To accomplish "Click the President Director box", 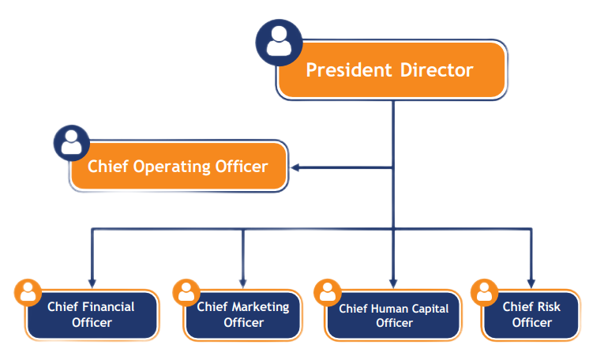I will (390, 70).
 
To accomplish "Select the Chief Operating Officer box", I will (178, 167).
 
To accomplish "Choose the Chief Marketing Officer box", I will (243, 314).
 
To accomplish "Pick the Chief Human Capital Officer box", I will (394, 315).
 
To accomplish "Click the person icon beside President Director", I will (279, 41).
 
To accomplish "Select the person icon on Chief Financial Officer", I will (28, 292).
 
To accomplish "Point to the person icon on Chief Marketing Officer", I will (186, 292).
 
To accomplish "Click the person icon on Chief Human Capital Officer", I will (328, 292).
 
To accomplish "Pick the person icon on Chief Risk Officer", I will (484, 292).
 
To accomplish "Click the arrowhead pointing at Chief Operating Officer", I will (295, 167).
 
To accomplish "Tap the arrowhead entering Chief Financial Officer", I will (92, 281).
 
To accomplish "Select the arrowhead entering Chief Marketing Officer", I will (243, 281).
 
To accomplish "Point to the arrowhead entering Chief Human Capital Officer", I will (392, 281).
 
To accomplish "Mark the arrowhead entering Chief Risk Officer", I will (531, 281).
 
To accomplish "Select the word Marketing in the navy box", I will (261, 306).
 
